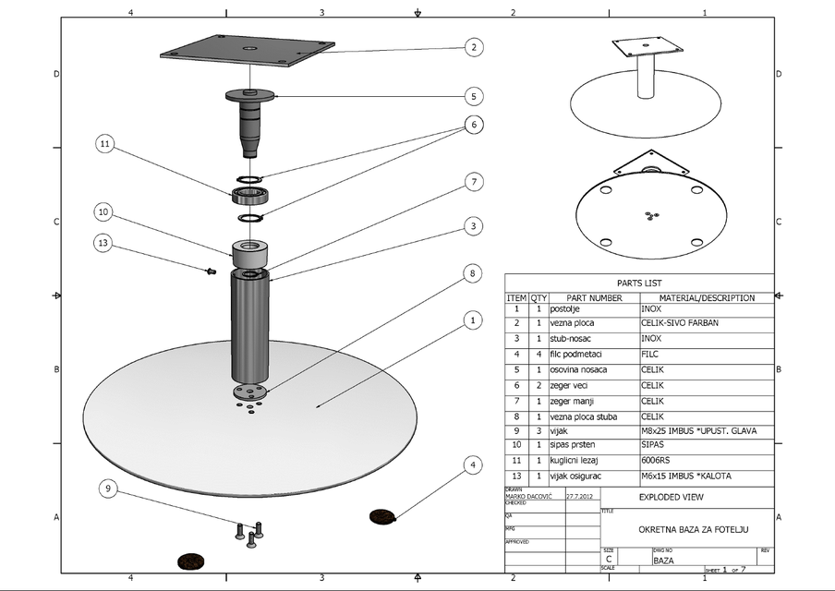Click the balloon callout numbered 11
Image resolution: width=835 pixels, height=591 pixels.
tap(105, 143)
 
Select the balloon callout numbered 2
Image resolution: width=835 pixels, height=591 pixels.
tap(473, 47)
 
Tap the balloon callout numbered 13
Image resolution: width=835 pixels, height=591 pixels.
tap(105, 242)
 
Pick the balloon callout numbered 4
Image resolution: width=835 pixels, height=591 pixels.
tap(473, 464)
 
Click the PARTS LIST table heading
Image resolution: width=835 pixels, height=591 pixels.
tap(638, 283)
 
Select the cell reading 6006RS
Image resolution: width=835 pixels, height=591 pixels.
tap(659, 460)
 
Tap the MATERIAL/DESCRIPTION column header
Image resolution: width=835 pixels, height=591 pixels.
tap(707, 298)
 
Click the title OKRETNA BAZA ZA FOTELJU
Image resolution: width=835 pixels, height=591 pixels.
tap(686, 529)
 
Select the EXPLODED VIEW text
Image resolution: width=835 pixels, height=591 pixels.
tap(671, 497)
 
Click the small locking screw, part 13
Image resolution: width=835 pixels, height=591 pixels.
tap(210, 271)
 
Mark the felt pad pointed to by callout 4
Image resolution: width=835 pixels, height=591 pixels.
tap(381, 515)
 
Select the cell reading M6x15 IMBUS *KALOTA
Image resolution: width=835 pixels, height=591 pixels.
tap(685, 476)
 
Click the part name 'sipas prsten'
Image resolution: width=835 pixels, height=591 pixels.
tap(574, 444)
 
